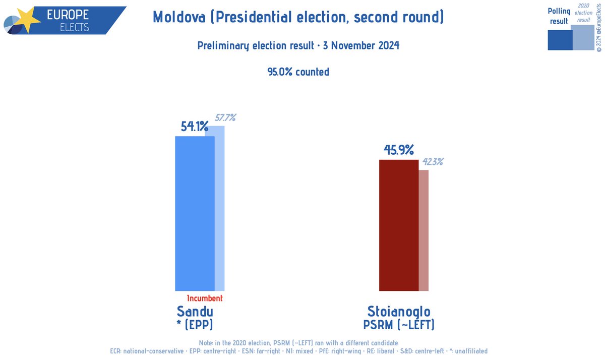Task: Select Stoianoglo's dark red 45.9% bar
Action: (x=398, y=225)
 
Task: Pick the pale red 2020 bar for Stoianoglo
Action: (x=423, y=230)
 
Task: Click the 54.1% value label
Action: (x=195, y=127)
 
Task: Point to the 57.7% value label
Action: (x=225, y=118)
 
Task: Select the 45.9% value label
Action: (x=398, y=150)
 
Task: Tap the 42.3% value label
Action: (x=433, y=162)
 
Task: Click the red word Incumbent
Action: (x=204, y=298)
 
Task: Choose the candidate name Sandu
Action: (x=195, y=311)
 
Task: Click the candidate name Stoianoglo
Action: (x=399, y=311)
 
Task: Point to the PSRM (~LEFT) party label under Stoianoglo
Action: (x=399, y=325)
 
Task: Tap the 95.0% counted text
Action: (x=298, y=72)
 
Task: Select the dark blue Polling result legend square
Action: (x=560, y=40)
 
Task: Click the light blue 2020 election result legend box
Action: (x=583, y=38)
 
